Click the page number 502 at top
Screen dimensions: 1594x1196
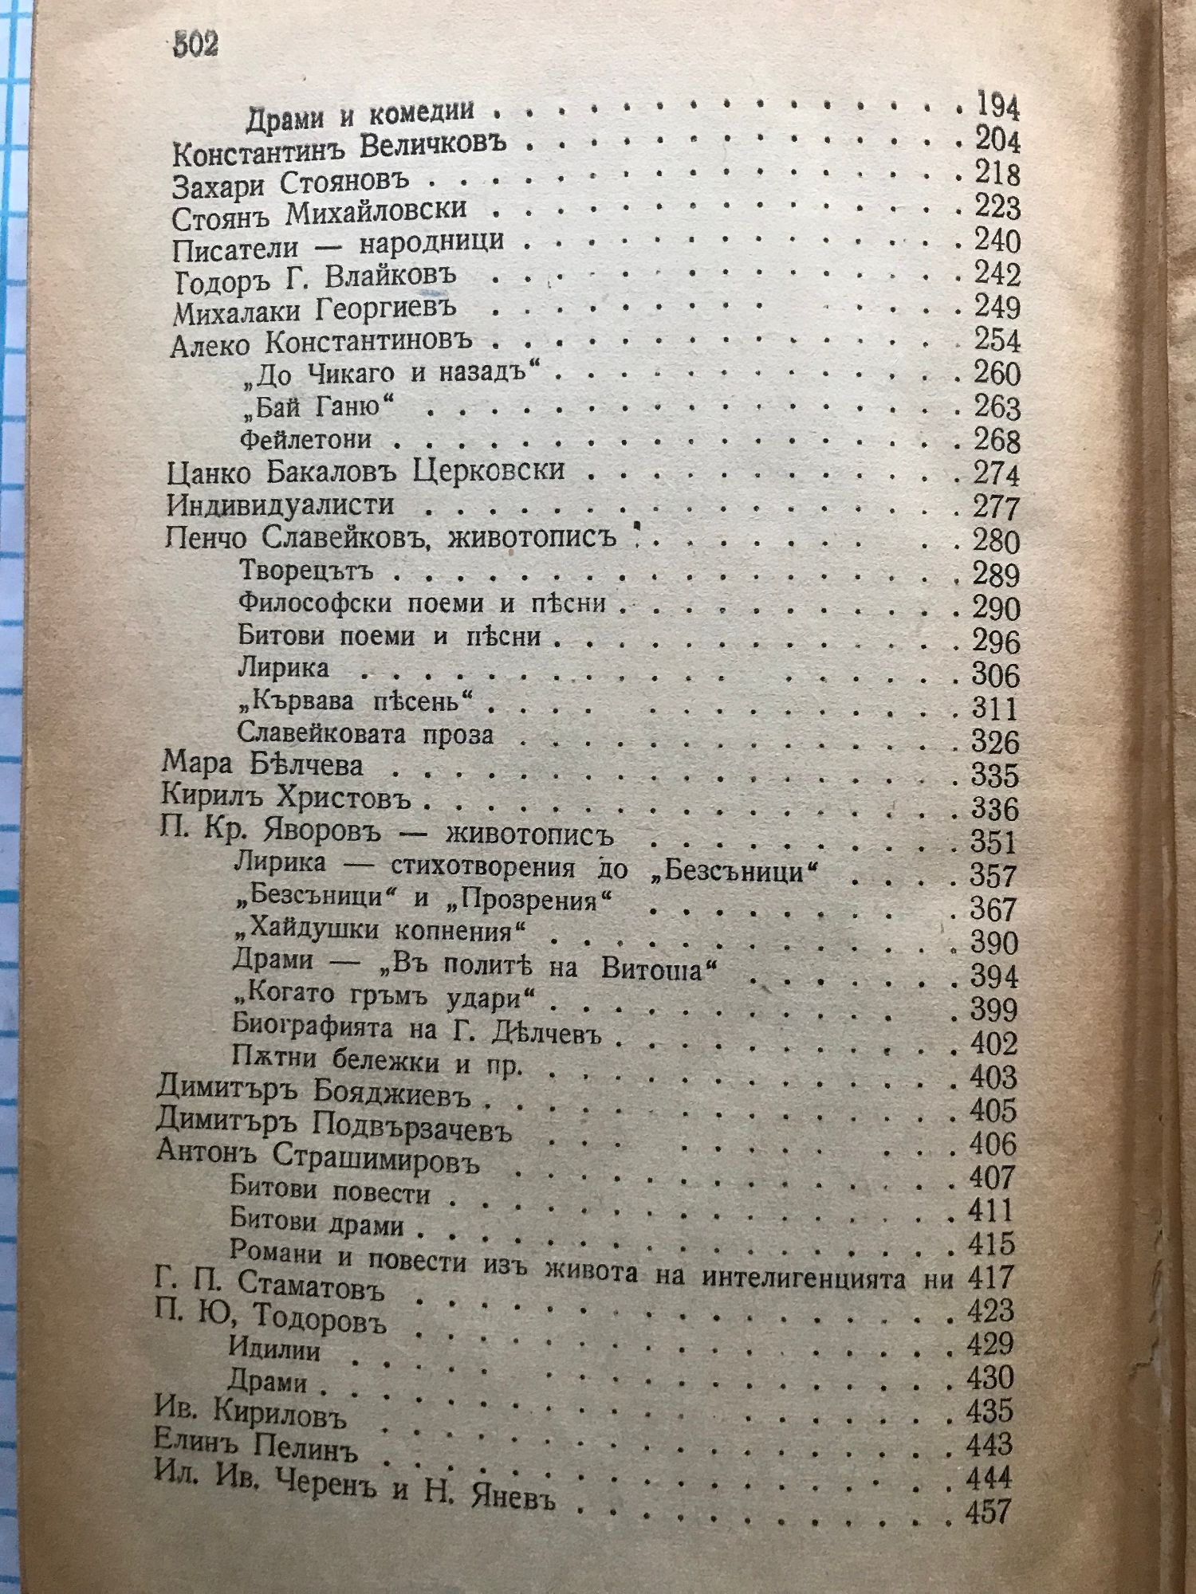pos(195,45)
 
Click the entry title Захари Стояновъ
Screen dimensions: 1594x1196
pos(290,183)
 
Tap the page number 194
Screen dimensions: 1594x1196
pos(997,106)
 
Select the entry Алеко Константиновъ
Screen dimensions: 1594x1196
pos(321,344)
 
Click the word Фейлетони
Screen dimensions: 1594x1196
pos(305,440)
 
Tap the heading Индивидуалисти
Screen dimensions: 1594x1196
pos(280,505)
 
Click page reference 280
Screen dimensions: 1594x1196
pos(996,542)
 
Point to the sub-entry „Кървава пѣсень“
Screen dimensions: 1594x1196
pos(355,702)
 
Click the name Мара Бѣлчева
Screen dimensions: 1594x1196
pos(262,765)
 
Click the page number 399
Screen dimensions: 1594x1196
pos(994,1010)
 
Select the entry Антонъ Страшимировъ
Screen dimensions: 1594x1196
pos(318,1157)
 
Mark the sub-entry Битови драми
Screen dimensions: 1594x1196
pos(317,1223)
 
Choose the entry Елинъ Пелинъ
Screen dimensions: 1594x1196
pos(255,1446)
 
